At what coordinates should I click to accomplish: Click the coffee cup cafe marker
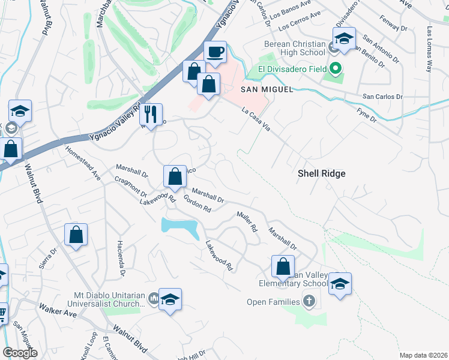[215, 52]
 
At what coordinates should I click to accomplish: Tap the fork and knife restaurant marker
[151, 114]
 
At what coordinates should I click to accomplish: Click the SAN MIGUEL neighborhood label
[267, 89]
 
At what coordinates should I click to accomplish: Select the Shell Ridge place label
[322, 173]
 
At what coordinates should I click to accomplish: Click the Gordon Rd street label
[197, 204]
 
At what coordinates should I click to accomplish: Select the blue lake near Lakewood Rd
[180, 227]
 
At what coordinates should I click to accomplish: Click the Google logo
[20, 353]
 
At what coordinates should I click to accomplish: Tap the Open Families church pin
[309, 301]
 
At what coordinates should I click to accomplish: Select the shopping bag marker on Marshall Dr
[175, 177]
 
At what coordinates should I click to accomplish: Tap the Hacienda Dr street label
[122, 263]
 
